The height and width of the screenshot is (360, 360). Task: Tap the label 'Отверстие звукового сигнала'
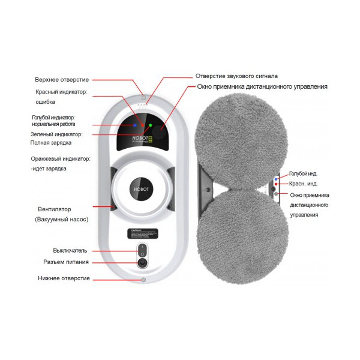click(236, 76)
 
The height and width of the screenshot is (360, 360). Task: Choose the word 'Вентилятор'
click(53, 209)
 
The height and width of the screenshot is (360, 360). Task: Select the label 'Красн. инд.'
click(303, 184)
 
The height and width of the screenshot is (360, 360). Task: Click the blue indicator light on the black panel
click(135, 125)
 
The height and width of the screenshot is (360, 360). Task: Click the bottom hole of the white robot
click(143, 279)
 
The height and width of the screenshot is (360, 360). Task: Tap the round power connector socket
click(142, 262)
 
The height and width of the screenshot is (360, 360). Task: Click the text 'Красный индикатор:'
click(62, 92)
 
